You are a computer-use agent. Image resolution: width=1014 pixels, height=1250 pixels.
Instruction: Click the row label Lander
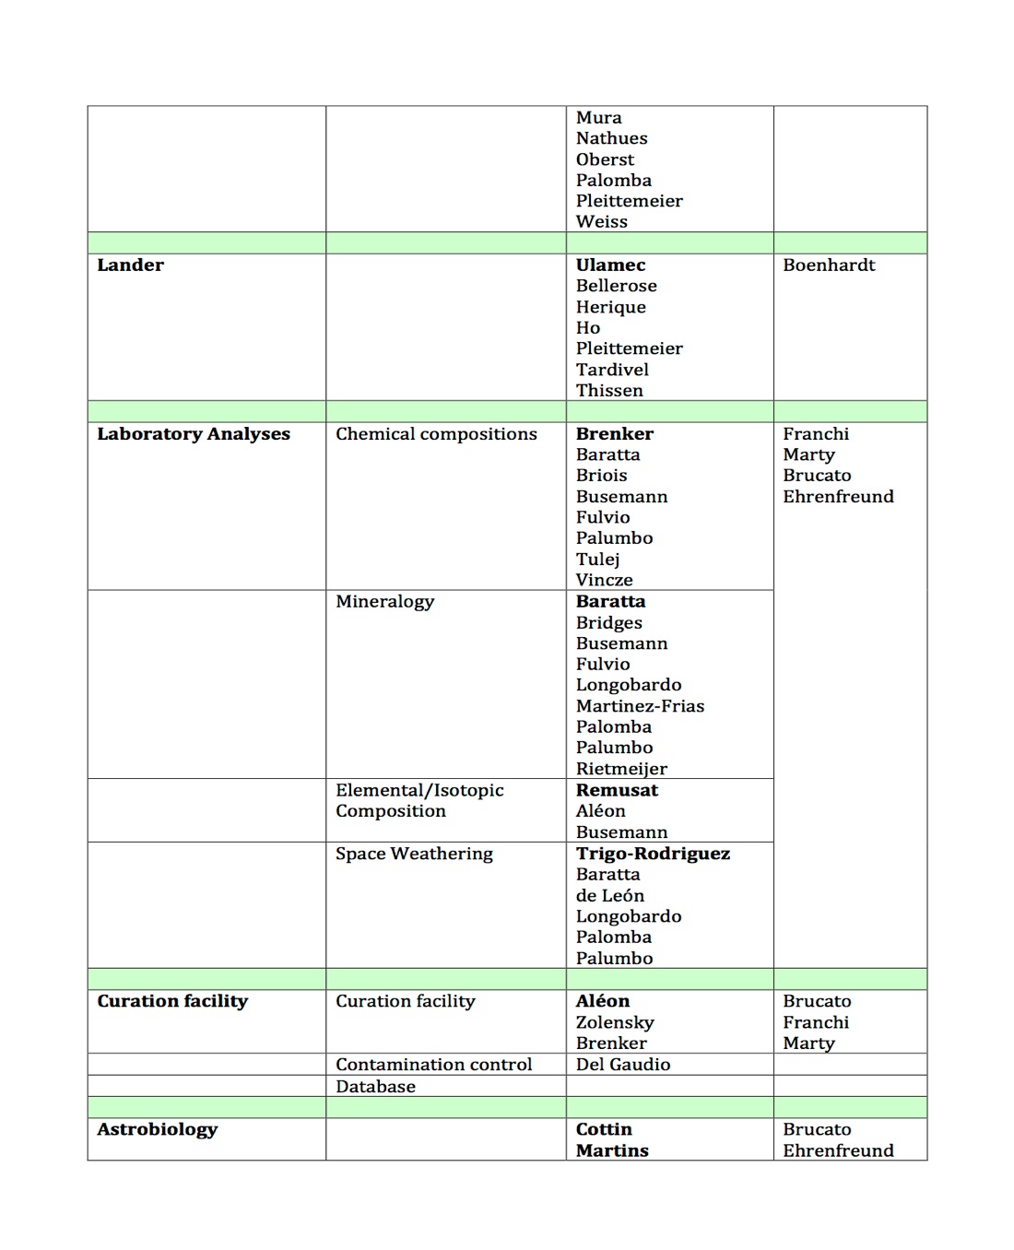click(130, 265)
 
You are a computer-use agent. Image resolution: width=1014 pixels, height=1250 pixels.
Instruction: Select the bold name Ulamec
click(610, 265)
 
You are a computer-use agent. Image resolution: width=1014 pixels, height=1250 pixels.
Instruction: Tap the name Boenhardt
click(829, 265)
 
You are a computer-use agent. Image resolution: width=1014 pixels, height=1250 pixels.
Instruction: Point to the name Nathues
click(611, 138)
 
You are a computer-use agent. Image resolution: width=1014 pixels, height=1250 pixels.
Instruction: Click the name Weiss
click(601, 222)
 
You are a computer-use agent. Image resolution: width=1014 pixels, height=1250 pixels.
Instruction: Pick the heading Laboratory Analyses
click(194, 434)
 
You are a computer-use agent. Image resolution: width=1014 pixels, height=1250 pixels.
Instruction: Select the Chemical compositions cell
click(436, 434)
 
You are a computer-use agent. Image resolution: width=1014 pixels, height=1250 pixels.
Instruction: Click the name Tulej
click(597, 560)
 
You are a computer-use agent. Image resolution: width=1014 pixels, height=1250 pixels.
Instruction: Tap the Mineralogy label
click(384, 602)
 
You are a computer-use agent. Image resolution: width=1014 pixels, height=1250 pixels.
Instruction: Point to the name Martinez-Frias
click(640, 706)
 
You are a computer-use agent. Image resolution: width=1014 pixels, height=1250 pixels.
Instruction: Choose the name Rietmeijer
click(621, 769)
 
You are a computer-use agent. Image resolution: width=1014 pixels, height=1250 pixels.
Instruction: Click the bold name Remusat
click(617, 790)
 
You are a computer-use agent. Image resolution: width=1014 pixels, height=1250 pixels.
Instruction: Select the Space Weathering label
click(414, 854)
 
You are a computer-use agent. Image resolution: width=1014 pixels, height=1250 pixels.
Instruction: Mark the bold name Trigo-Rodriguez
click(653, 854)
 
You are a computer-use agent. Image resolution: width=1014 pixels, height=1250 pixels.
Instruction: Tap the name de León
click(609, 896)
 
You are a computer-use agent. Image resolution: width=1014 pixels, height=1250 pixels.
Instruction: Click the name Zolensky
click(615, 1022)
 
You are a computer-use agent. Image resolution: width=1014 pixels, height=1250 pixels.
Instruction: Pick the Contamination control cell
click(433, 1065)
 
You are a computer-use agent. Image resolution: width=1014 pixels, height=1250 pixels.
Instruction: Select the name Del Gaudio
click(623, 1065)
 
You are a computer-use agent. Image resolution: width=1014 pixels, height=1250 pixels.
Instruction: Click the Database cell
click(375, 1087)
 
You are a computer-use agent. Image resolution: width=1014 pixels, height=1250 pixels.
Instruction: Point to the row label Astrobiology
click(158, 1129)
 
